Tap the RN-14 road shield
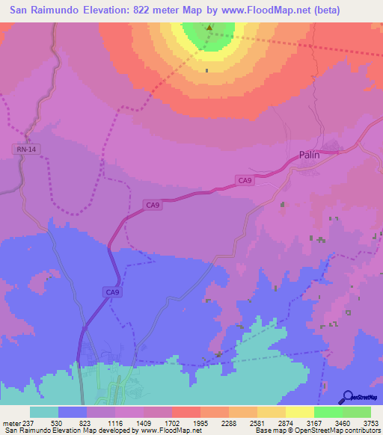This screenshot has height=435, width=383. (25, 149)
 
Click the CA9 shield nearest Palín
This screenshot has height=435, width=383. (245, 180)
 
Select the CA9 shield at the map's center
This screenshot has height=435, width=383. (153, 205)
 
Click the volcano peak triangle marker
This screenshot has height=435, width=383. (209, 29)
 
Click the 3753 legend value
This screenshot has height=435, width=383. (371, 424)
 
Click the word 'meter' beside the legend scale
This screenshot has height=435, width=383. (12, 424)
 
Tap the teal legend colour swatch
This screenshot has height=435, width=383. (44, 412)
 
